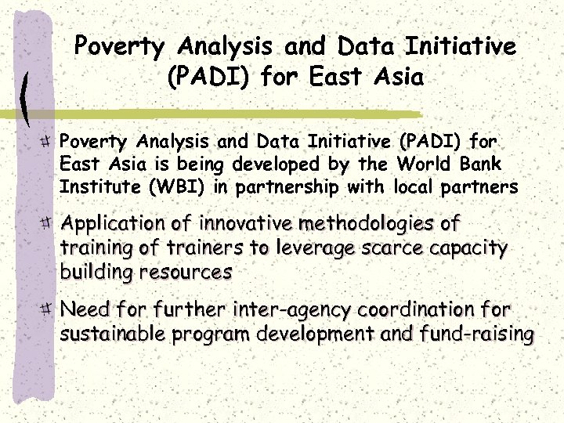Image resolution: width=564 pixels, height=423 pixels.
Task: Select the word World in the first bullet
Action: click(x=424, y=165)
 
